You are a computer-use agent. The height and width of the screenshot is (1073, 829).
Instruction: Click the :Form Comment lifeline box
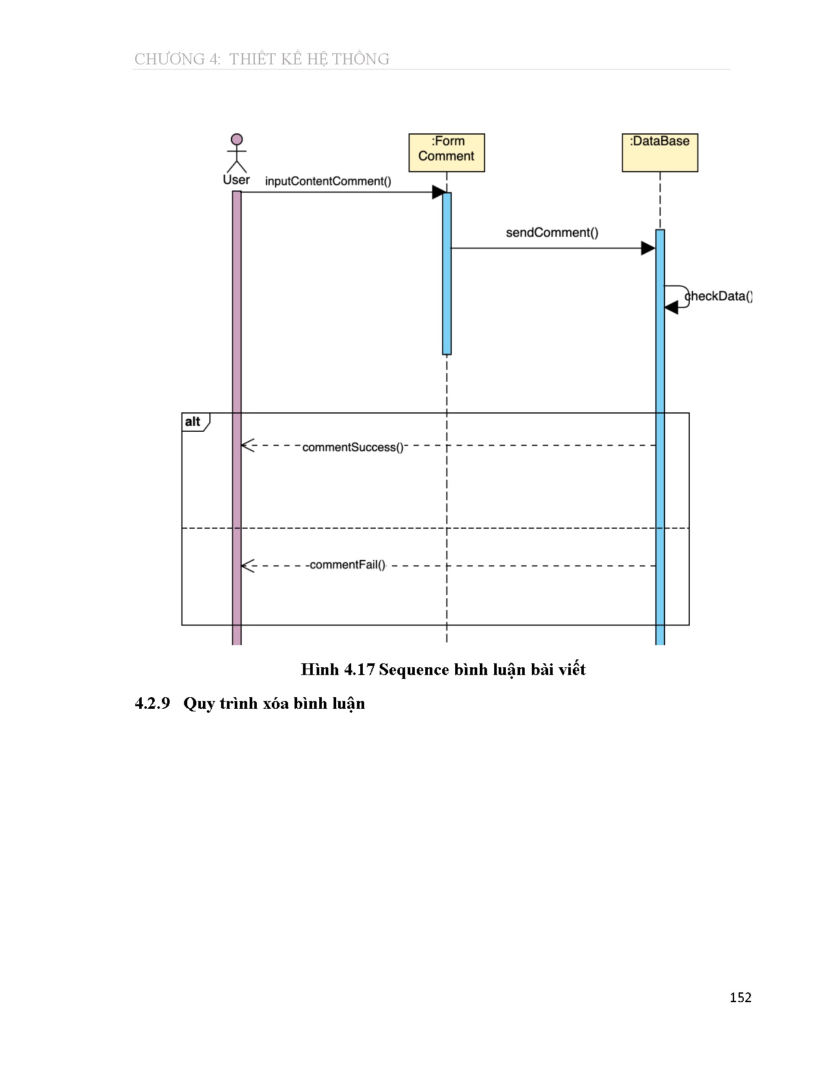(446, 152)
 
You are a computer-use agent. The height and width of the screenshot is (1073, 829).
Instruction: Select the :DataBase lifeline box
(659, 152)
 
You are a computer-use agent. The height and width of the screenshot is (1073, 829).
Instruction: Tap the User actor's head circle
(237, 139)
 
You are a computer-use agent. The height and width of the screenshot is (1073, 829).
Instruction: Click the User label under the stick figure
(236, 180)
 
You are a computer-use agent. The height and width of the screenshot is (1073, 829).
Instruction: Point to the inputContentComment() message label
(328, 181)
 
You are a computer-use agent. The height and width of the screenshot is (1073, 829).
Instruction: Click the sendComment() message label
(552, 233)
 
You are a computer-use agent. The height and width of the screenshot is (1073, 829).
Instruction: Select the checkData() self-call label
(718, 297)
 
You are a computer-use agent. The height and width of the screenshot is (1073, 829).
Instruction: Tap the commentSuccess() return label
(352, 447)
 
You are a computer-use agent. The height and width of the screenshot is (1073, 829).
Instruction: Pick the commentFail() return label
(347, 565)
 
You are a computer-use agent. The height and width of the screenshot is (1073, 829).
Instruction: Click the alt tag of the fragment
(193, 422)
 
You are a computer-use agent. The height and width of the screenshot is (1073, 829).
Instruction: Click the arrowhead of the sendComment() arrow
(648, 248)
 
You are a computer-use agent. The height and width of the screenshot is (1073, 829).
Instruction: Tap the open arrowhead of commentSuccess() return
(246, 445)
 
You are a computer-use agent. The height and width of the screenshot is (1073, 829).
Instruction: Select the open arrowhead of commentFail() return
(246, 566)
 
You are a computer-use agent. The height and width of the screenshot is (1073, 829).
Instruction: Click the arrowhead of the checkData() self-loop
(671, 308)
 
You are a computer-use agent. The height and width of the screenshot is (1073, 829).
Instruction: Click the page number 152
(740, 998)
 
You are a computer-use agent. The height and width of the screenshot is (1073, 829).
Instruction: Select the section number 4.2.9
(152, 704)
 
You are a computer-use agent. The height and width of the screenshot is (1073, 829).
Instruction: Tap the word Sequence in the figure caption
(414, 670)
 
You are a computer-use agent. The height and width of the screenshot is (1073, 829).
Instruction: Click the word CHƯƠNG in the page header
(169, 59)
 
